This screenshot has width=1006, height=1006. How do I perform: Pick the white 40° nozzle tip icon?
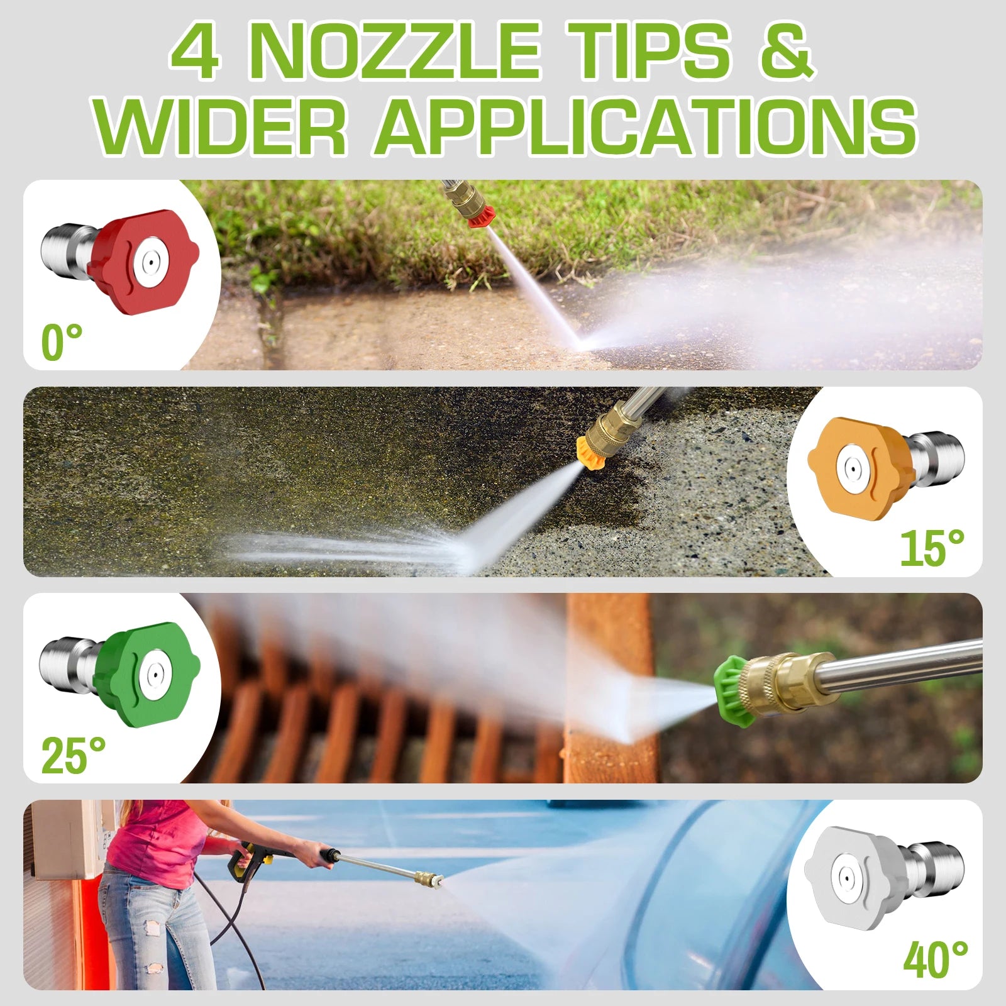pos(884,878)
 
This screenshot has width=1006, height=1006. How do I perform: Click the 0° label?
pos(62,342)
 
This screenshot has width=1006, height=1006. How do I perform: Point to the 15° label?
pos(932,548)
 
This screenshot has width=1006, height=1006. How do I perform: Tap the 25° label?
pos(74,755)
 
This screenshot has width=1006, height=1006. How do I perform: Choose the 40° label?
pos(936,959)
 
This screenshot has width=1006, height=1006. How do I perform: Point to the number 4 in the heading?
pos(196,52)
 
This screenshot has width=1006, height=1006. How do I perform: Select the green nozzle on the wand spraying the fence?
pos(733,691)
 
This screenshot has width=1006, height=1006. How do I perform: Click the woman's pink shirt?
pos(155,836)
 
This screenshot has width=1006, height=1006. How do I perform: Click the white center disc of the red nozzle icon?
pos(148,259)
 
